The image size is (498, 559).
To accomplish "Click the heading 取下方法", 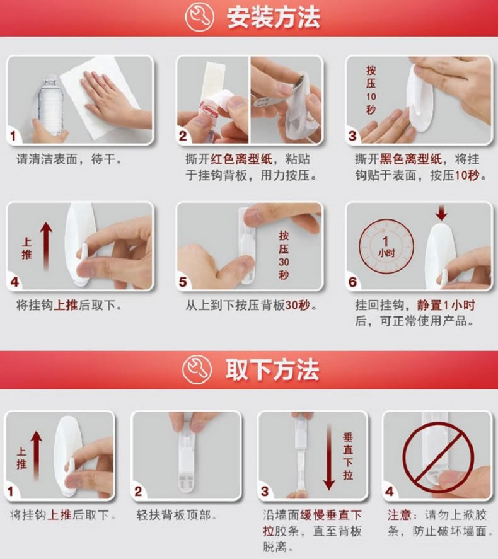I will (273, 370).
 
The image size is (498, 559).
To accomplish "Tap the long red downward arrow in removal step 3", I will (328, 455).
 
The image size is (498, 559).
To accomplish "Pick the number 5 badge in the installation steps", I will (183, 282).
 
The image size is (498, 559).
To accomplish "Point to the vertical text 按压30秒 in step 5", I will (283, 255).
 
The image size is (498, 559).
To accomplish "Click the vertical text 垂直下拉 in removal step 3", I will (348, 455).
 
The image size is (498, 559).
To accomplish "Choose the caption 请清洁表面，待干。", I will (69, 159).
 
